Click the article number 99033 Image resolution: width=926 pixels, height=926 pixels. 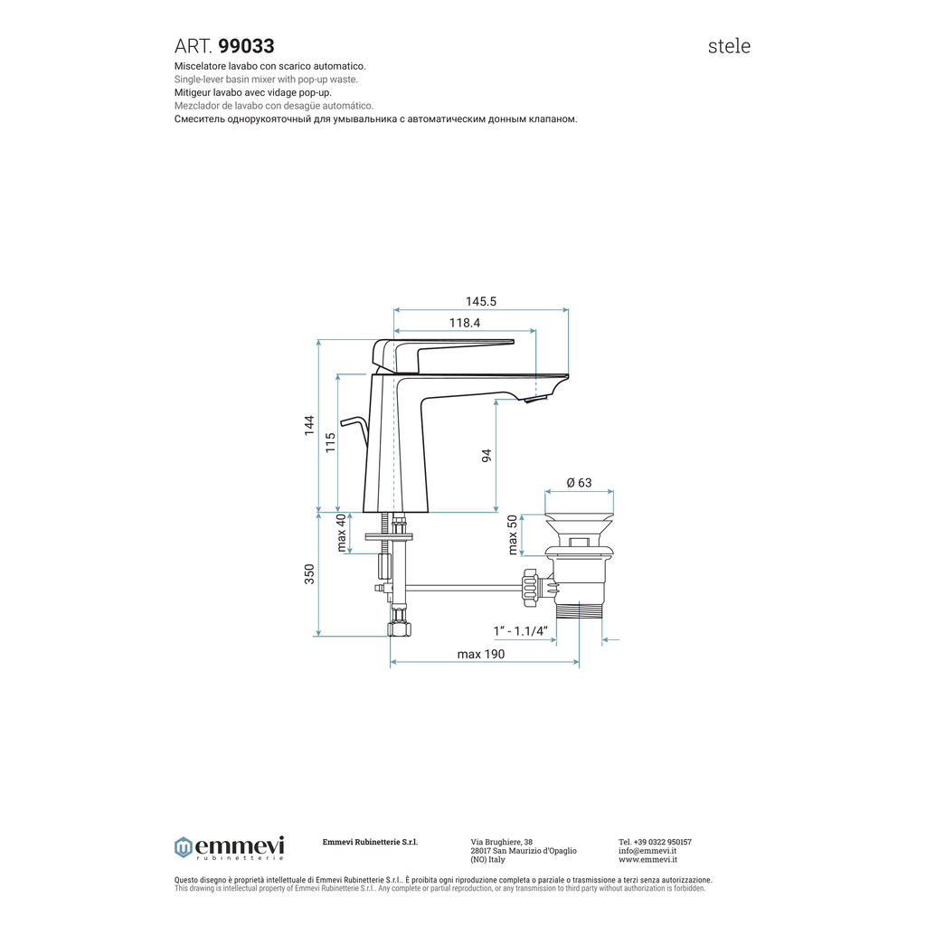(x=246, y=46)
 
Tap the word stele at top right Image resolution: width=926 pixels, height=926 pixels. (x=729, y=46)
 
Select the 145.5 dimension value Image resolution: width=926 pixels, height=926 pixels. (x=481, y=301)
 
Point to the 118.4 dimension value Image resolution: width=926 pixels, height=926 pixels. (x=465, y=323)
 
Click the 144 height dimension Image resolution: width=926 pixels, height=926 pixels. (x=309, y=426)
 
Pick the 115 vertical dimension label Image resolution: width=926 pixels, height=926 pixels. (x=331, y=443)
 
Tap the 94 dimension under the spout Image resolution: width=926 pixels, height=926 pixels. (x=487, y=456)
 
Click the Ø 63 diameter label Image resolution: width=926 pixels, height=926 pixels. (x=579, y=483)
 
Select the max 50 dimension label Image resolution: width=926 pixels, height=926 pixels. (x=513, y=535)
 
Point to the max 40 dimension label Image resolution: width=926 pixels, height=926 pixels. (x=341, y=533)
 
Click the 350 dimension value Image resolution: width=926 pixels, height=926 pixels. (x=309, y=574)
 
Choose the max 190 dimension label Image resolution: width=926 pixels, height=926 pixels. (x=481, y=654)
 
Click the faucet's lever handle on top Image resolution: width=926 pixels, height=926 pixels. (x=442, y=354)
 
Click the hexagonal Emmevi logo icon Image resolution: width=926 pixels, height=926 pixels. (x=183, y=847)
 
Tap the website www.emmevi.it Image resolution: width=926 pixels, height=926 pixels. (x=647, y=859)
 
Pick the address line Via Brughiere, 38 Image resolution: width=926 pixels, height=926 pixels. (x=501, y=842)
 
